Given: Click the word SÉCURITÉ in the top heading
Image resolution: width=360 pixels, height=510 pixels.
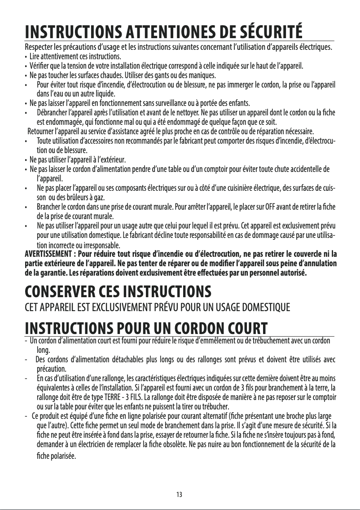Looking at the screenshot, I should point(268,31).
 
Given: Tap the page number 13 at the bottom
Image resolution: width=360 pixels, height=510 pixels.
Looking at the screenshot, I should point(179,495).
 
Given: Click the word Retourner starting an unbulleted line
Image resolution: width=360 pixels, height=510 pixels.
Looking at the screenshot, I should point(43,131).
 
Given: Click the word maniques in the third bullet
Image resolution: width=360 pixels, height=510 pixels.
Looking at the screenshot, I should point(202,75).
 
